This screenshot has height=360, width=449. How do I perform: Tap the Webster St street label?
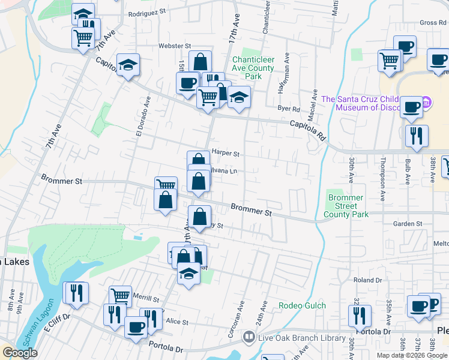174,46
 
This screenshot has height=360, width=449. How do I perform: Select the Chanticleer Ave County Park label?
253,68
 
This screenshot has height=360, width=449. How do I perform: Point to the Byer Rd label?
289,109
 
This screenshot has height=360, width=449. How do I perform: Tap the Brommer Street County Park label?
345,206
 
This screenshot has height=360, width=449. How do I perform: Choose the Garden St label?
408,224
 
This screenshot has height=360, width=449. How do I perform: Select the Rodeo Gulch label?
302,305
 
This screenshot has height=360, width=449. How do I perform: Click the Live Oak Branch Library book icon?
248,338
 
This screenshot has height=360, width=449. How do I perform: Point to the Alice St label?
176,322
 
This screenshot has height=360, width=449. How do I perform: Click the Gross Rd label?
433,23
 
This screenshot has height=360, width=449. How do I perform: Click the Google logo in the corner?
20,353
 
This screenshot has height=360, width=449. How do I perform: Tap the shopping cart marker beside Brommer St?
166,186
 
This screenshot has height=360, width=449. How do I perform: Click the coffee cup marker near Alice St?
136,328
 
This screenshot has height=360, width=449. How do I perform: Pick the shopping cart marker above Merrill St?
120,296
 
